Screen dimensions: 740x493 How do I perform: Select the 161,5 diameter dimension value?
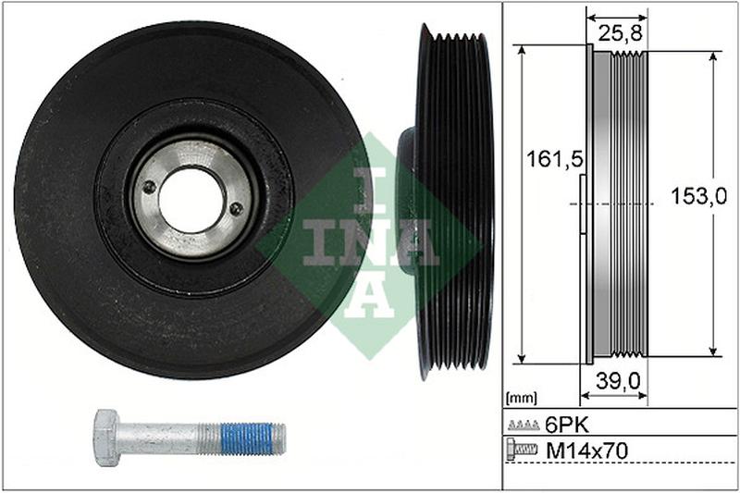click(555, 158)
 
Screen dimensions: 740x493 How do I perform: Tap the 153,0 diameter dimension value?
click(698, 197)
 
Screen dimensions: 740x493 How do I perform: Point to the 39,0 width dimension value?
click(617, 381)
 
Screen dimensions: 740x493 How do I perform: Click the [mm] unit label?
click(521, 399)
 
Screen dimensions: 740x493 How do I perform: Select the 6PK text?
click(567, 425)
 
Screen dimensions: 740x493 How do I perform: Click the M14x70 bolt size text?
click(587, 451)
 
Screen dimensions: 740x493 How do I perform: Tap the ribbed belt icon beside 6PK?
click(524, 425)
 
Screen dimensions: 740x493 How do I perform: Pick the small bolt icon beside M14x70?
click(522, 450)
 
